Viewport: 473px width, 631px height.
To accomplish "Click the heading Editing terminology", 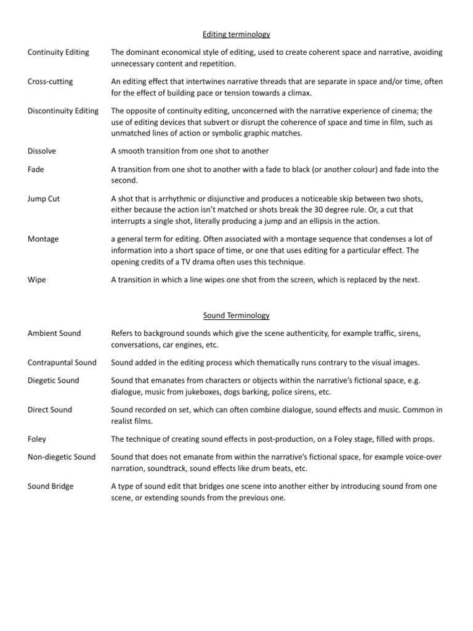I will click(x=236, y=35).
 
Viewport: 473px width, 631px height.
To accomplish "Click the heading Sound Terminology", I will click(x=236, y=315).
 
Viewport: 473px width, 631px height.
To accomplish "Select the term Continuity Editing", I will click(x=59, y=52).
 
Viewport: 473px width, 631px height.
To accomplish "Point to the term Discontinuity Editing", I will click(x=63, y=111).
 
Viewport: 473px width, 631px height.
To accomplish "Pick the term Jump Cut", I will click(x=44, y=198).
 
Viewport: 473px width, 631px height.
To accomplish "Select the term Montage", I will click(x=43, y=239).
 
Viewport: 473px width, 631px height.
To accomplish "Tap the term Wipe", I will click(x=37, y=279).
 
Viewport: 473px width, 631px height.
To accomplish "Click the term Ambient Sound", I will click(x=54, y=333).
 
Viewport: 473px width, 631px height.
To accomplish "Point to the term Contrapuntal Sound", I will click(x=62, y=362).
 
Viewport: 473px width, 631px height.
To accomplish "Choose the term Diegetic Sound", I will click(x=54, y=380).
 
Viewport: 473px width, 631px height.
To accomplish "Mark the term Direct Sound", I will click(x=50, y=410).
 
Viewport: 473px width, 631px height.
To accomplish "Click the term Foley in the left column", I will click(x=37, y=439).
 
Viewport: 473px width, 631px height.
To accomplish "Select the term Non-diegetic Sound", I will click(x=62, y=457).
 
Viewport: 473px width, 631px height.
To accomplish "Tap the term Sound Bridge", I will click(x=51, y=486).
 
